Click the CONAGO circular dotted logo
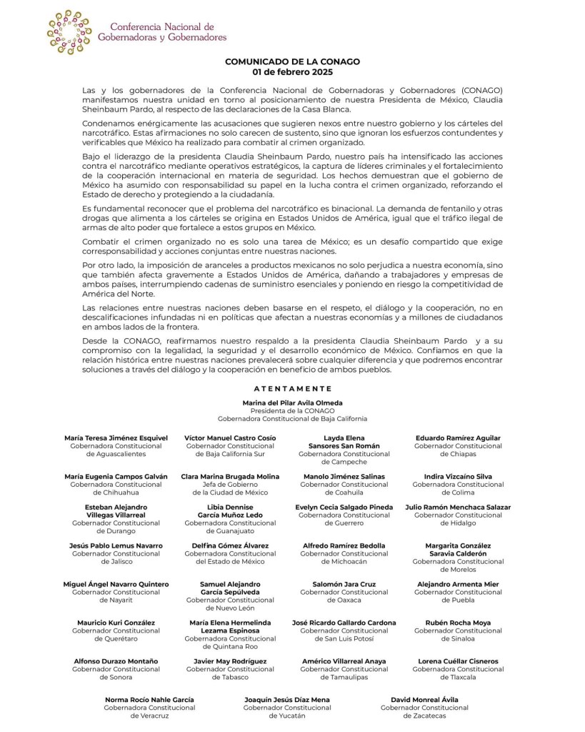pyautogui.click(x=69, y=32)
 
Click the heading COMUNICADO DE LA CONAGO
pyautogui.click(x=292, y=62)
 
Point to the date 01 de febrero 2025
pyautogui.click(x=292, y=72)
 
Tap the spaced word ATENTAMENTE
pyautogui.click(x=293, y=389)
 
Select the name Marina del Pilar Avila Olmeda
pyautogui.click(x=293, y=403)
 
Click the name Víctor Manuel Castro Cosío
pyautogui.click(x=230, y=437)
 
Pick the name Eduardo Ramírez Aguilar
pyautogui.click(x=458, y=437)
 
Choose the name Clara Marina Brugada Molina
pyautogui.click(x=230, y=476)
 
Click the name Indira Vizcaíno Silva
pyautogui.click(x=458, y=476)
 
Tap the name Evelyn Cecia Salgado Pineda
pyautogui.click(x=344, y=507)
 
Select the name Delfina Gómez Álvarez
pyautogui.click(x=230, y=545)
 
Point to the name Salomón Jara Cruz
pyautogui.click(x=344, y=584)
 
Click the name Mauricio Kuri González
pyautogui.click(x=116, y=623)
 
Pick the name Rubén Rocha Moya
pyautogui.click(x=458, y=623)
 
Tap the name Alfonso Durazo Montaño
pyautogui.click(x=116, y=661)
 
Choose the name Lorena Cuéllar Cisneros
pyautogui.click(x=458, y=661)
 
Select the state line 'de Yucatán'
pyautogui.click(x=287, y=716)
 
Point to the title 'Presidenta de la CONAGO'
pyautogui.click(x=293, y=411)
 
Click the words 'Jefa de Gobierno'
pyautogui.click(x=230, y=484)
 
